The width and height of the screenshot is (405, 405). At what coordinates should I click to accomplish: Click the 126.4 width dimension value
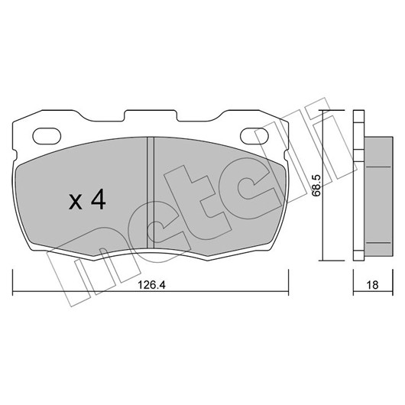point(151,285)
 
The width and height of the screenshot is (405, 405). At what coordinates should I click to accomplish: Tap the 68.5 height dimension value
point(316,186)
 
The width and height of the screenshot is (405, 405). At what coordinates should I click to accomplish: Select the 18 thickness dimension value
point(372,285)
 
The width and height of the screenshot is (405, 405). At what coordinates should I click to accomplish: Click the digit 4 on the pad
point(99,199)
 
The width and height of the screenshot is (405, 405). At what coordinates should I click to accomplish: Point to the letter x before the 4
point(76,202)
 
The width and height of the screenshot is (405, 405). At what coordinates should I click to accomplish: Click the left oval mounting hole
point(47,136)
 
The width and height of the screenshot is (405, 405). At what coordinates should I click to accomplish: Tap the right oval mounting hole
point(254,136)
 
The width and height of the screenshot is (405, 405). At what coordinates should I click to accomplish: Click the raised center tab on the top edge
point(151,115)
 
